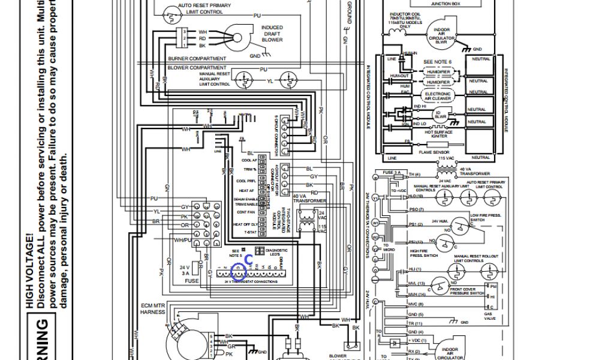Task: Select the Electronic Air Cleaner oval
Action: coord(437,95)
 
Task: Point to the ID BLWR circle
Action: coord(438,113)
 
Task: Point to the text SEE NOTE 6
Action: coord(437,62)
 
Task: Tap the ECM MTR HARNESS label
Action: coord(152,308)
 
